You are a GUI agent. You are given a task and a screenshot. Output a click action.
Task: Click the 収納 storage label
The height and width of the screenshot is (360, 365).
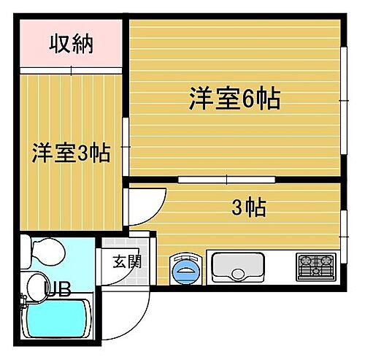[72, 45]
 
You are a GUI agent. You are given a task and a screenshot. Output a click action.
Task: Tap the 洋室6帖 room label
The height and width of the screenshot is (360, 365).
[234, 99]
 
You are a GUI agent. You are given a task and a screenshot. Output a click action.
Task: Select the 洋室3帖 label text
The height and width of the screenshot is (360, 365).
[70, 154]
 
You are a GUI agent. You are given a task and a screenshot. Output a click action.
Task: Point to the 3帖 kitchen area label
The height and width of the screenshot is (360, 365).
[248, 208]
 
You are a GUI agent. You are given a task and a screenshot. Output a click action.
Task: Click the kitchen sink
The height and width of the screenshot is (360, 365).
[238, 266]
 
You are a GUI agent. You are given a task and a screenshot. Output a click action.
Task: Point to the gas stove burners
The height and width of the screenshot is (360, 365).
[315, 266]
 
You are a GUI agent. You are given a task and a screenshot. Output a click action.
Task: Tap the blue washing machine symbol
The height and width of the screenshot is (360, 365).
[186, 268]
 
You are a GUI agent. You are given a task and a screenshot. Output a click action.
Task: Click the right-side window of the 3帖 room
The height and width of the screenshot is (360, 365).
[343, 226]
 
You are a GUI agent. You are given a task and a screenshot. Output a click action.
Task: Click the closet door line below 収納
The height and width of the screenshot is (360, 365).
[71, 71]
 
